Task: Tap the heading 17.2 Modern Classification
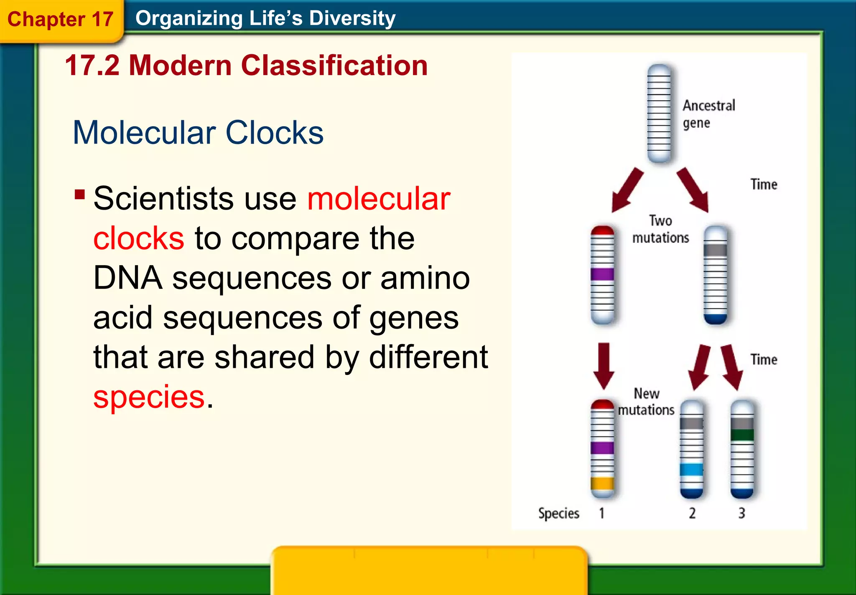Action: pyautogui.click(x=247, y=66)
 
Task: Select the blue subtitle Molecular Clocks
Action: pyautogui.click(x=198, y=133)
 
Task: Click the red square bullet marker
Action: pyautogui.click(x=79, y=195)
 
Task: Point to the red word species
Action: pyautogui.click(x=149, y=397)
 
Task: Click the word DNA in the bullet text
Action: pyautogui.click(x=127, y=278)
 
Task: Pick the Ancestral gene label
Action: pyautogui.click(x=708, y=114)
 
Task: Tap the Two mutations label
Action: pyautogui.click(x=660, y=229)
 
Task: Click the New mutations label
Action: pyautogui.click(x=646, y=402)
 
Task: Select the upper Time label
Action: pyautogui.click(x=764, y=184)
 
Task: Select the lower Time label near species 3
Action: pyautogui.click(x=764, y=360)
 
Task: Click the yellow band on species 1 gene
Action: pyautogui.click(x=602, y=484)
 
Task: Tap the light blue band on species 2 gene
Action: pyautogui.click(x=691, y=469)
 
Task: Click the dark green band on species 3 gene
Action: pyautogui.click(x=742, y=435)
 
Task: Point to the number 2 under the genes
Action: pyautogui.click(x=692, y=513)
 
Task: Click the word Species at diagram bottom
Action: pyautogui.click(x=558, y=513)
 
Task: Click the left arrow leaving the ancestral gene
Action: pyautogui.click(x=627, y=190)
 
